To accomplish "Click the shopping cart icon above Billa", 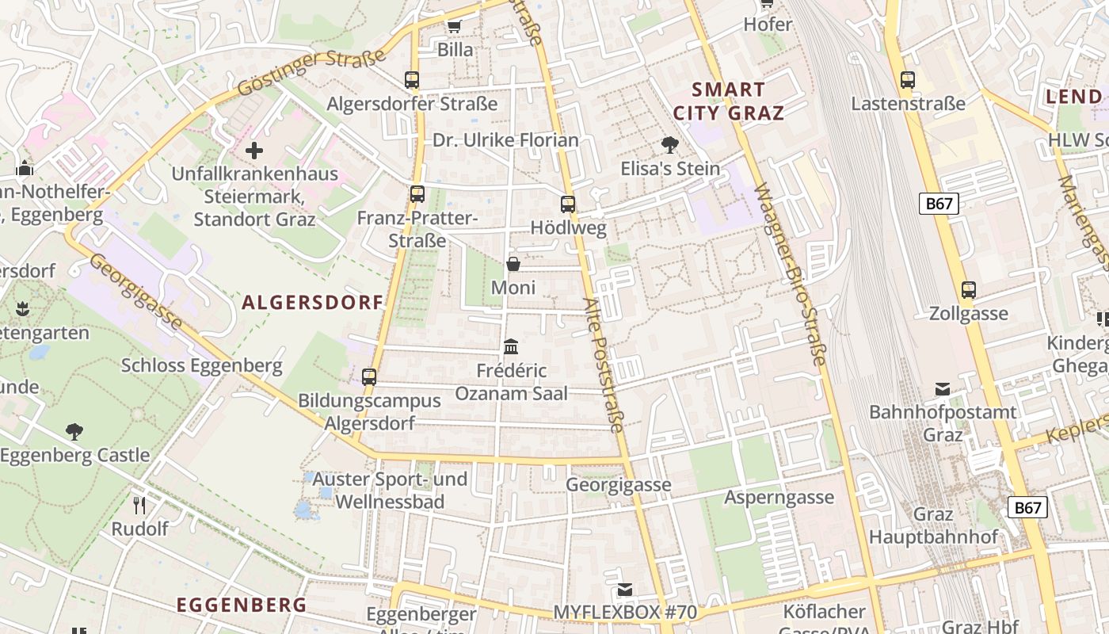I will (454, 26).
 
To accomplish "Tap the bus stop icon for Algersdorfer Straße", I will (412, 79).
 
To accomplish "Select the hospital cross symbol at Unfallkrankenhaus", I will (254, 150).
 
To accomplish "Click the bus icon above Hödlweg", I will (567, 204).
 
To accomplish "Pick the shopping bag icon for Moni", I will (513, 264).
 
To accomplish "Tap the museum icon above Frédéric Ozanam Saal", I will (511, 346).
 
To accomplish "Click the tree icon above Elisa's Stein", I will (670, 144).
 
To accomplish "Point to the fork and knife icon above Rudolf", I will (139, 505).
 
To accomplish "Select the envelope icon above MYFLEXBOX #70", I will (625, 589).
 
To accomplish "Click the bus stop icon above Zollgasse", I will (968, 289).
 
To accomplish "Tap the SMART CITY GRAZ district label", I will (728, 101).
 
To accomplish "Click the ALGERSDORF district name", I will (312, 302).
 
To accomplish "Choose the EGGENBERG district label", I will (241, 605).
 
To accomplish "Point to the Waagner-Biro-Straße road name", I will (790, 273).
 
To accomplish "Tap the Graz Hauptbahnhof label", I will (933, 525).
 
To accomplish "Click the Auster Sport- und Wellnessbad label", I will (390, 491).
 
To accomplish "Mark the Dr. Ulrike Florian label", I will (505, 140).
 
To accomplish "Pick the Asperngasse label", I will (779, 497).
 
